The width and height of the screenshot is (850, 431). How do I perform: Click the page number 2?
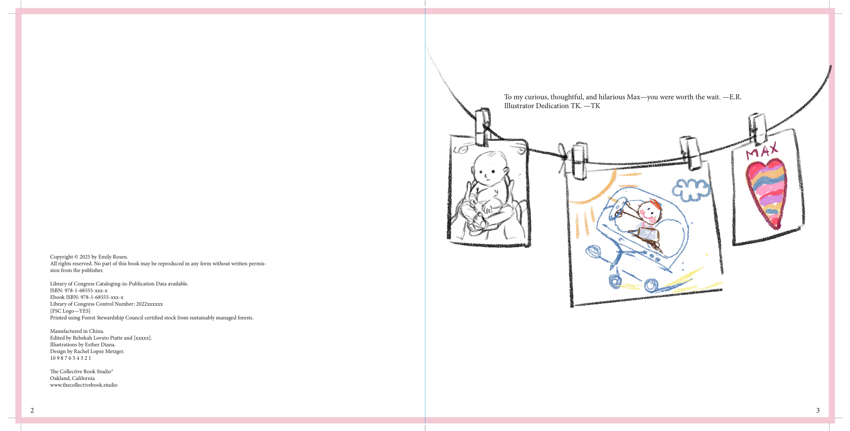click(x=32, y=410)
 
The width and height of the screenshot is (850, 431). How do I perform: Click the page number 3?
click(x=818, y=410)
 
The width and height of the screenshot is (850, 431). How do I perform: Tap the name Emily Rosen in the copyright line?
click(x=112, y=257)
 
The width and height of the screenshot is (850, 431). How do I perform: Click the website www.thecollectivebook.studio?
click(x=84, y=385)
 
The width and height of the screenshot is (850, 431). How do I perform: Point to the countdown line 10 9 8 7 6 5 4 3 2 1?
click(x=71, y=358)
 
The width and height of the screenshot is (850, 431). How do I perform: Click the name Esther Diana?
click(x=100, y=344)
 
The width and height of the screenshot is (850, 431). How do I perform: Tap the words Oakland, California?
click(x=72, y=378)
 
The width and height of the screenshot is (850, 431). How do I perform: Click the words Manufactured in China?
click(x=77, y=331)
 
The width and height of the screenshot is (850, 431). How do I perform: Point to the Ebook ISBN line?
click(x=87, y=297)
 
